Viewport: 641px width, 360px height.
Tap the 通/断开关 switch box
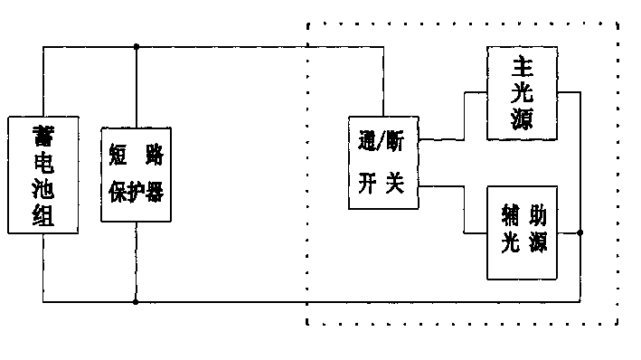tap(383, 163)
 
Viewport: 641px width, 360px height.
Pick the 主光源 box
tap(519, 93)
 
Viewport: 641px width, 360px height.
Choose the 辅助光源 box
tap(519, 232)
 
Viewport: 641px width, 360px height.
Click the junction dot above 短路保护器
tap(136, 47)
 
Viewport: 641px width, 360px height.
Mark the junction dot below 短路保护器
tap(136, 302)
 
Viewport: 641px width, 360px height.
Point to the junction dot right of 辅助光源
tap(580, 232)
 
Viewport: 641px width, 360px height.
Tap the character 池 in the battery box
tap(43, 190)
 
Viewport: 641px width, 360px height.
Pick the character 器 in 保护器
tap(154, 193)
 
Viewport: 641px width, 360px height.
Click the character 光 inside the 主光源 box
tap(519, 93)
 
